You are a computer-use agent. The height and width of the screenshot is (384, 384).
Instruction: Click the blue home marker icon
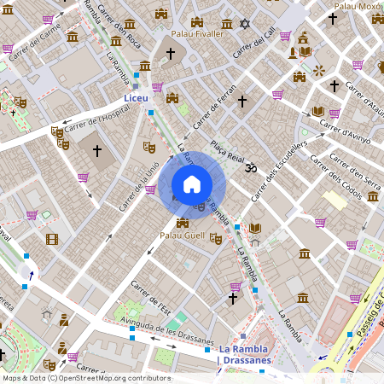tap(192, 183)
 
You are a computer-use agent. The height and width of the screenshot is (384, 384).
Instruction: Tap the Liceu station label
tap(137, 100)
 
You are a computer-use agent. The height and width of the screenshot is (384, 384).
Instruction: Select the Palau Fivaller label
tap(197, 34)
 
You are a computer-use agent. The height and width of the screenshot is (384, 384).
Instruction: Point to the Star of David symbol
tap(245, 23)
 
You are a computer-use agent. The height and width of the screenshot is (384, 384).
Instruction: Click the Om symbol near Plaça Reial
tap(250, 169)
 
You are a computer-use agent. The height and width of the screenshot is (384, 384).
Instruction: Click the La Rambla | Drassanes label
tap(243, 354)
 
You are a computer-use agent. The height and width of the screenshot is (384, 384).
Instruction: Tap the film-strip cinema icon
tap(52, 239)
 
